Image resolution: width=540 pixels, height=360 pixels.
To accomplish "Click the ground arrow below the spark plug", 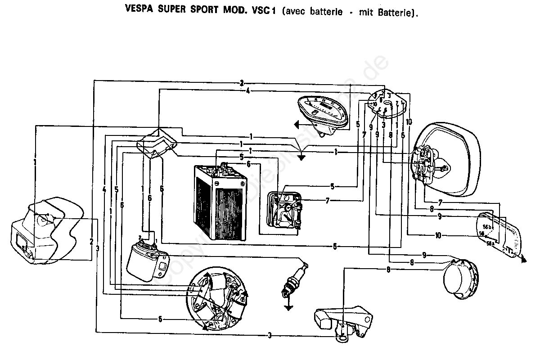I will pyautogui.click(x=287, y=307).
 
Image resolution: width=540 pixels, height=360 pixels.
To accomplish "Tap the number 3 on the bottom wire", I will pyautogui.click(x=270, y=335).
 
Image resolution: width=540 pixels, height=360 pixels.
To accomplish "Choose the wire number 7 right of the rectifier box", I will pyautogui.click(x=327, y=200).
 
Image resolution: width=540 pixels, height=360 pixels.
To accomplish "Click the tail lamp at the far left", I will pyautogui.click(x=43, y=232).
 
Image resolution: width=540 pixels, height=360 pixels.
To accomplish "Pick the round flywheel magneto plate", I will pyautogui.click(x=219, y=299).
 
